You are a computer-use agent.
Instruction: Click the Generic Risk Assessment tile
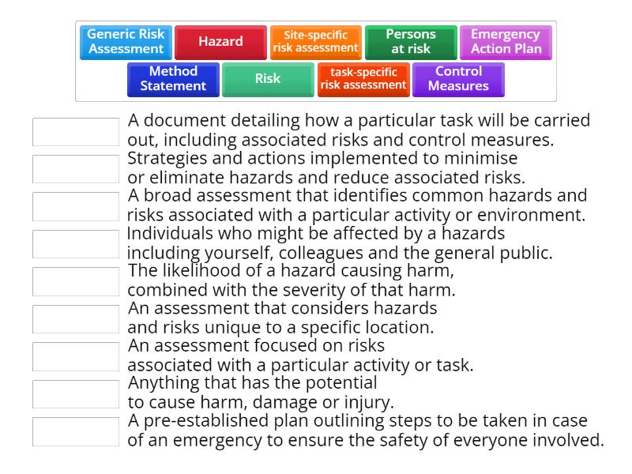[126, 42]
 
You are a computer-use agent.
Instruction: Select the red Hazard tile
[220, 42]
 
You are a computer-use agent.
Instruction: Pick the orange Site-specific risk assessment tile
[315, 42]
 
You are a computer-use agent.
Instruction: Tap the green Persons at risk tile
[411, 42]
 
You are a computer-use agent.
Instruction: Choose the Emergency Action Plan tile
[506, 42]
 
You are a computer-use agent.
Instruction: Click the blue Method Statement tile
[173, 79]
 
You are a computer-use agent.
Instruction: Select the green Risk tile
[268, 79]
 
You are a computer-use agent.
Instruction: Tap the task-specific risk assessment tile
[363, 79]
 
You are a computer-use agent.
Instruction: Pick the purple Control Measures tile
[458, 79]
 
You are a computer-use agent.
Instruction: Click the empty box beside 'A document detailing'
[76, 132]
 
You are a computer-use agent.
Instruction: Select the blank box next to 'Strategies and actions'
[76, 169]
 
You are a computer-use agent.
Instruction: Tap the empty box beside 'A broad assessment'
[76, 206]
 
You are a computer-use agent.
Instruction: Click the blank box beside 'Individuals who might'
[76, 244]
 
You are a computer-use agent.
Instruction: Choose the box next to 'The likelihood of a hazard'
[76, 281]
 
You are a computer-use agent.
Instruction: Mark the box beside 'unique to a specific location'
[76, 318]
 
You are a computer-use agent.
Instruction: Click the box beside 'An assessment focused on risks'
[76, 356]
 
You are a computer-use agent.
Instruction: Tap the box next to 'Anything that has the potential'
[76, 393]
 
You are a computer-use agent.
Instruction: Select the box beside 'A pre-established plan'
[76, 431]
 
